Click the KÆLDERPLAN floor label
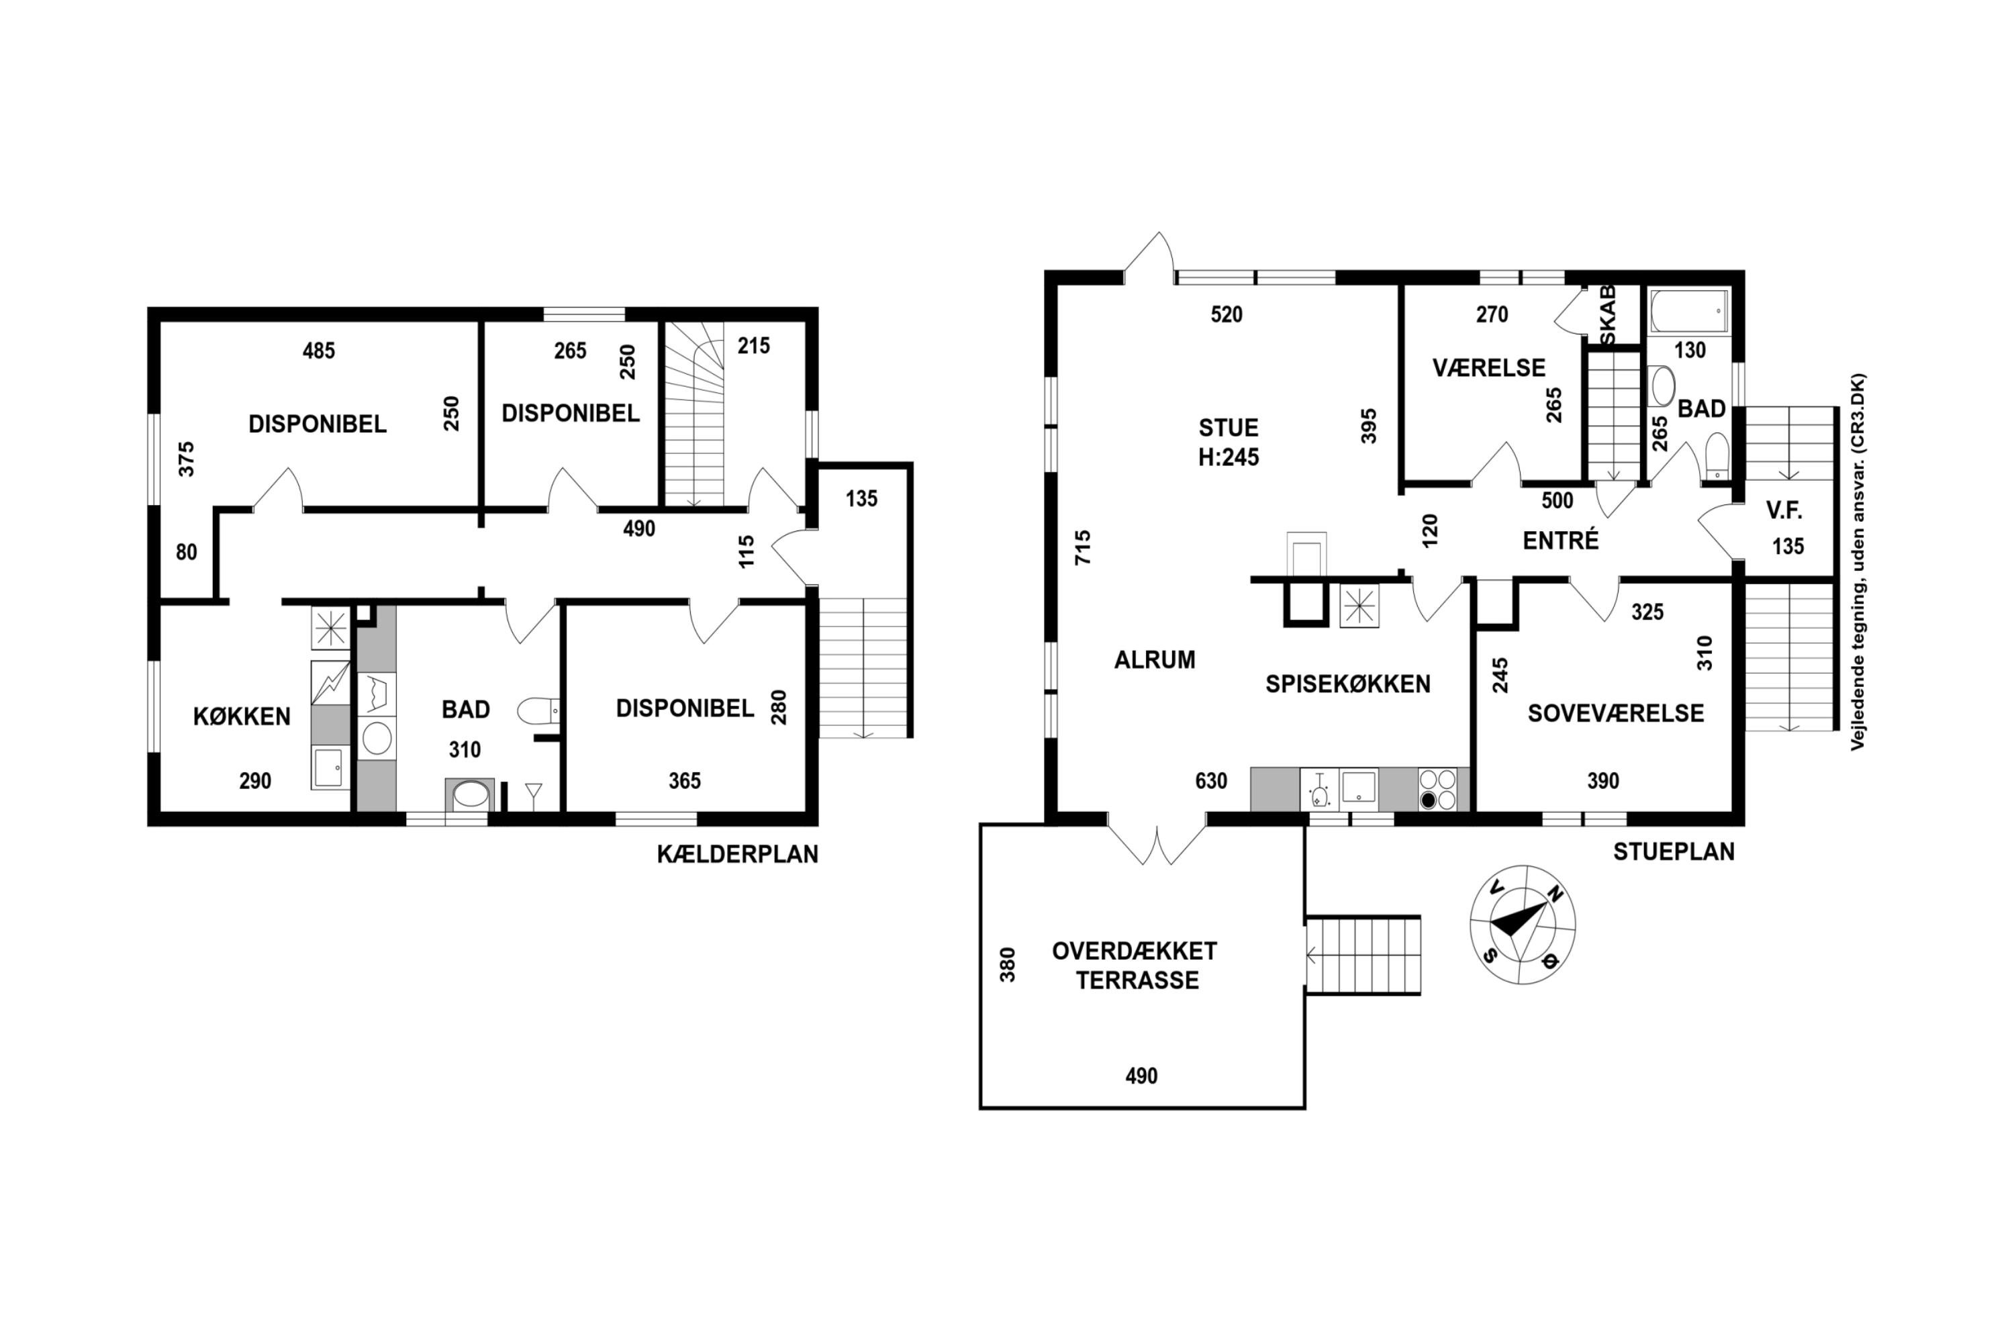[737, 854]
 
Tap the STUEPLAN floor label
[1674, 851]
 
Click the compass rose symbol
[1523, 924]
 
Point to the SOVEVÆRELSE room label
[1616, 713]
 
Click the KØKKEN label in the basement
[242, 716]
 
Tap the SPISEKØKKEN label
[1348, 684]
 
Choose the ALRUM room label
[1154, 659]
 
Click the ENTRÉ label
[1560, 540]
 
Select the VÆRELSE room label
[1489, 368]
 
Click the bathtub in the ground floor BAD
[1688, 311]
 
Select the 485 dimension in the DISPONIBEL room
[318, 351]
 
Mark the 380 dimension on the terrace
[1008, 964]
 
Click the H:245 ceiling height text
[1228, 457]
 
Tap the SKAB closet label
[1607, 315]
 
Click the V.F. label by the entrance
[1784, 511]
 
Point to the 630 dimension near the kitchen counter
[1211, 780]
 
